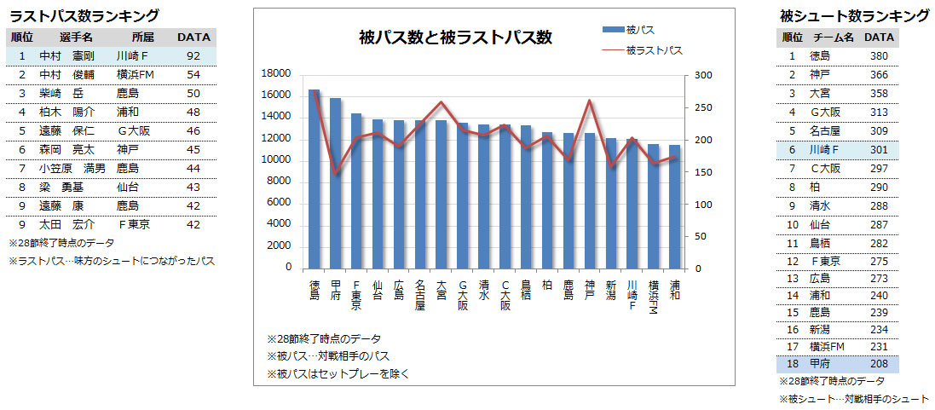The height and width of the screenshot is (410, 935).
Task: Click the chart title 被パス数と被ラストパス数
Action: pyautogui.click(x=455, y=38)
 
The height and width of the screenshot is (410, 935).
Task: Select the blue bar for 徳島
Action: pyautogui.click(x=315, y=179)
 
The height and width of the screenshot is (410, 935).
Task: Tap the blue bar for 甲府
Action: pyautogui.click(x=336, y=183)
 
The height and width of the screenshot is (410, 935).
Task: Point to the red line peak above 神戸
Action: pyautogui.click(x=589, y=101)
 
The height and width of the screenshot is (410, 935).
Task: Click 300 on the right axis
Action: pyautogui.click(x=702, y=74)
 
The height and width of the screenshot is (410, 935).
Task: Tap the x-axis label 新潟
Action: pyautogui.click(x=611, y=289)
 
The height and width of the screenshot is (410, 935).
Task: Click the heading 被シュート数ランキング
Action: pyautogui.click(x=854, y=15)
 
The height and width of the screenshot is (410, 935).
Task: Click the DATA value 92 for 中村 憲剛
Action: pyautogui.click(x=193, y=56)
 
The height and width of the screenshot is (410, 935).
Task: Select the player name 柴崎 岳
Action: pyautogui.click(x=61, y=93)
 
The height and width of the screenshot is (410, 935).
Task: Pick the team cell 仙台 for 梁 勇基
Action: pyautogui.click(x=128, y=186)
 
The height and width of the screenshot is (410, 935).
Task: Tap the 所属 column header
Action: pyautogui.click(x=143, y=38)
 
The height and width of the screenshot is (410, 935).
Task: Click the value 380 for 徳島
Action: pyautogui.click(x=879, y=56)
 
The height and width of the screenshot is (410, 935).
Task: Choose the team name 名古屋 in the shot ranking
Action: pyautogui.click(x=824, y=130)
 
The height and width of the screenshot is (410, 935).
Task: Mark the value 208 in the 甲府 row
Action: pyautogui.click(x=879, y=364)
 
